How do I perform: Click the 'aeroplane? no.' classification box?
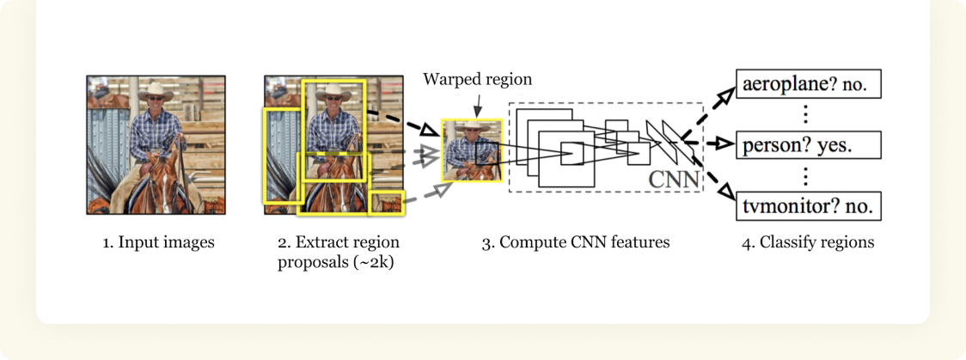point(808,83)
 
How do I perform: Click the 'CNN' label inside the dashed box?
point(673,180)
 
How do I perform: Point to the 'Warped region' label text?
point(477,79)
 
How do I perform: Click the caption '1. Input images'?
point(158,242)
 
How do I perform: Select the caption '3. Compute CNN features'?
point(575,242)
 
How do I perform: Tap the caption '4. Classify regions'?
point(808,242)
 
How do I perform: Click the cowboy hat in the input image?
point(154,90)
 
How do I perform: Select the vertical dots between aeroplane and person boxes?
point(806,113)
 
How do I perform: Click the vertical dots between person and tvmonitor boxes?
point(806,175)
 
